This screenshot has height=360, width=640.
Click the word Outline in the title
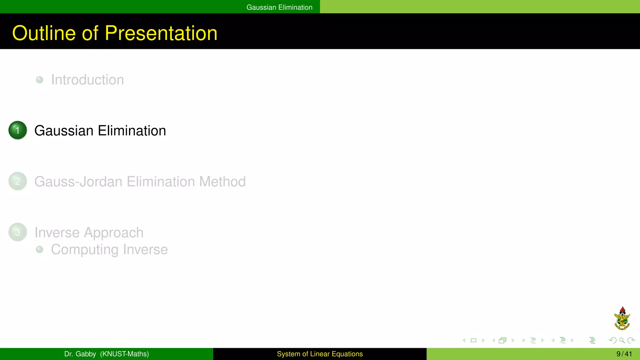[44, 33]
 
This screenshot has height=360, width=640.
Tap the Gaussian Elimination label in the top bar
[279, 7]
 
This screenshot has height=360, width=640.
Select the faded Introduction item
[87, 80]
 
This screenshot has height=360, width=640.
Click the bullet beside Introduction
[40, 80]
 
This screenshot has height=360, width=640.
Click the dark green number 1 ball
[18, 130]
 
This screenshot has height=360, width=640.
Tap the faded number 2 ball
[18, 181]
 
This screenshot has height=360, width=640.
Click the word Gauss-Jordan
[78, 182]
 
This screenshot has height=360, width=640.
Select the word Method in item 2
[222, 182]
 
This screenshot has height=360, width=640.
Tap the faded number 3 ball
[18, 232]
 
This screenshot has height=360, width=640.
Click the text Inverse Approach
[89, 232]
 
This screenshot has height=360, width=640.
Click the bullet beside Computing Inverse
[40, 249]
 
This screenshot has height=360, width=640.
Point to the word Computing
[85, 250]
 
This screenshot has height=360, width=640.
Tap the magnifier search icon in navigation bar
[622, 340]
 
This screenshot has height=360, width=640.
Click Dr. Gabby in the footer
[80, 354]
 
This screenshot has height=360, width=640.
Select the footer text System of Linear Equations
[320, 354]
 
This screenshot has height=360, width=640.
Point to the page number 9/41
[624, 354]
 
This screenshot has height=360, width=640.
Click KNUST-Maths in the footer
[124, 354]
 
